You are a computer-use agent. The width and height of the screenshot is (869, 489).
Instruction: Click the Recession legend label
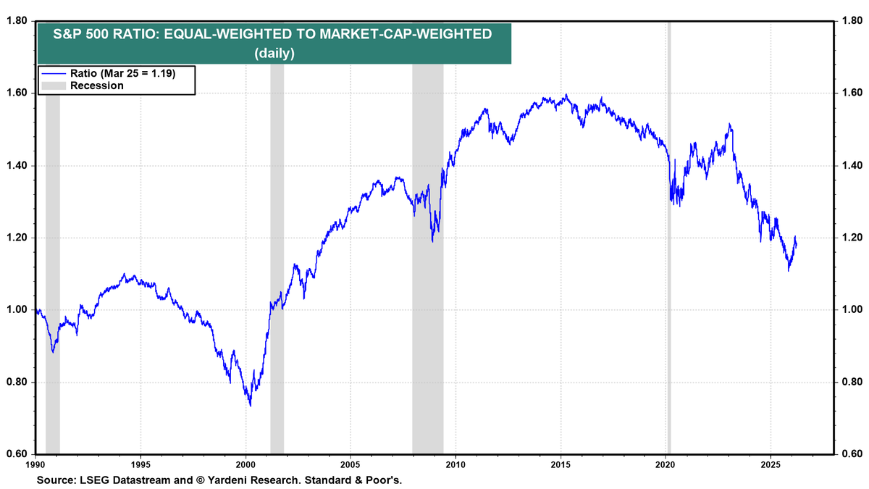click(96, 85)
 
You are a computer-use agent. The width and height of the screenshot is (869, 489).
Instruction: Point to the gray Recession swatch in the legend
click(53, 85)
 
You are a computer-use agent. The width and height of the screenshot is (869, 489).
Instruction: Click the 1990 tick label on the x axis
click(35, 464)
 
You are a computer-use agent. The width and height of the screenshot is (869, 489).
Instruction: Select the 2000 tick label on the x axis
click(245, 464)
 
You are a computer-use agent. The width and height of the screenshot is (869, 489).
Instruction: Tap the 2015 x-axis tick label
click(561, 464)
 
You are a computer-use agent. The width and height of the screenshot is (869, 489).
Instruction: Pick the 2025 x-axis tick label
click(771, 464)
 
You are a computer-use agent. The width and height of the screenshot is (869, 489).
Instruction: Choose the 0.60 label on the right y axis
click(852, 455)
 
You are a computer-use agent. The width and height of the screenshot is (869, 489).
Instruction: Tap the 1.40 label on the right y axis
click(852, 166)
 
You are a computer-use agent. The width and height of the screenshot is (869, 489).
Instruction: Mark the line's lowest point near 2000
click(251, 406)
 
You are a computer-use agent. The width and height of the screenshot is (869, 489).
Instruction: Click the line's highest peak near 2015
click(566, 95)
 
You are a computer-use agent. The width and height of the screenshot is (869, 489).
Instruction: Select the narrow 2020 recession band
click(669, 239)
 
